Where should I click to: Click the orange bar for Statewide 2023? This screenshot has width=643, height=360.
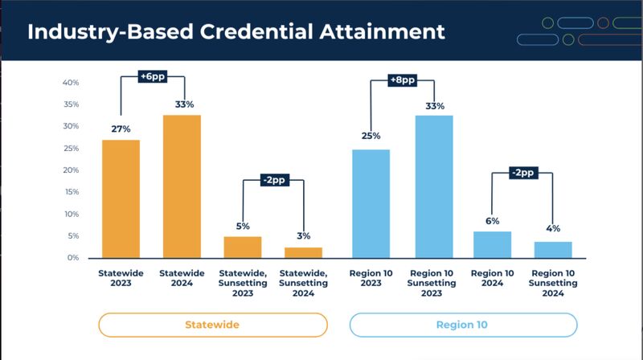pyautogui.click(x=121, y=198)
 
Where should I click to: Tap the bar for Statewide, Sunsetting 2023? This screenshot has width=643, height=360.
pyautogui.click(x=243, y=247)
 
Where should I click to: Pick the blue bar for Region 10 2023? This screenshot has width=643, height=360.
pyautogui.click(x=371, y=203)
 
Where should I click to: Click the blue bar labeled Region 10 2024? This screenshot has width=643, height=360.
pyautogui.click(x=492, y=244)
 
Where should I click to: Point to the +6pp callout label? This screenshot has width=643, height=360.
pyautogui.click(x=152, y=76)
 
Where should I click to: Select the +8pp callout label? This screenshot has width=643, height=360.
pyautogui.click(x=401, y=80)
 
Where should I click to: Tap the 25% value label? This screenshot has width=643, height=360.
pyautogui.click(x=371, y=136)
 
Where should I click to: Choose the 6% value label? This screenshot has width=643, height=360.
pyautogui.click(x=492, y=220)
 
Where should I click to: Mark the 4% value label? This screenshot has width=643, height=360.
pyautogui.click(x=553, y=230)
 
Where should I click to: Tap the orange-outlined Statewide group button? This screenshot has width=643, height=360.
pyautogui.click(x=213, y=325)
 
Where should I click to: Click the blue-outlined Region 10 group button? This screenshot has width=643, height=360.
pyautogui.click(x=463, y=325)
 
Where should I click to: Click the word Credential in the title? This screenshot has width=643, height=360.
pyautogui.click(x=268, y=32)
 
